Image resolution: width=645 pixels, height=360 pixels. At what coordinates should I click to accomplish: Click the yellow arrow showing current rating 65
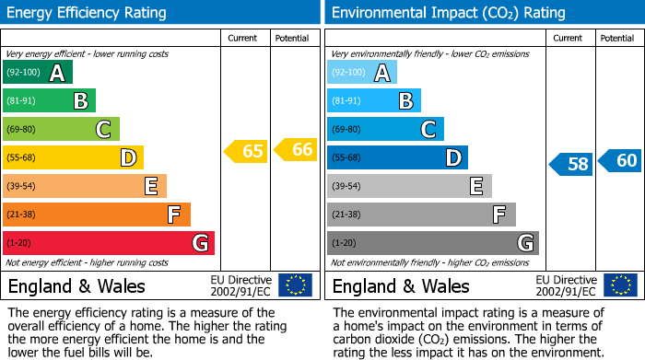pyautogui.click(x=247, y=151)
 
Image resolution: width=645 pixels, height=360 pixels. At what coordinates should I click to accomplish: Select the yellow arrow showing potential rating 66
pyautogui.click(x=296, y=148)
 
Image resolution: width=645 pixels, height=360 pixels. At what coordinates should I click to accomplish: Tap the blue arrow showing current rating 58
pyautogui.click(x=571, y=165)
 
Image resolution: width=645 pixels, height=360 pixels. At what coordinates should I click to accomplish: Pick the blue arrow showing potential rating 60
pyautogui.click(x=620, y=161)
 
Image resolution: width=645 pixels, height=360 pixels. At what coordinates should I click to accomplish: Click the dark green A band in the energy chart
pyautogui.click(x=37, y=73)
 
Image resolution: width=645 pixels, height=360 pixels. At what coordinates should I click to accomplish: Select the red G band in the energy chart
pyautogui.click(x=108, y=243)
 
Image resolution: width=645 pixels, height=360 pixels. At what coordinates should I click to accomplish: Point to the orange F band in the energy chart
pyautogui.click(x=96, y=215)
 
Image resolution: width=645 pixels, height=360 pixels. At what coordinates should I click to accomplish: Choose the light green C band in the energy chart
pyautogui.click(x=61, y=129)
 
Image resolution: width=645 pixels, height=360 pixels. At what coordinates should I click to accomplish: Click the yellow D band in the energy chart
pyautogui.click(x=73, y=157)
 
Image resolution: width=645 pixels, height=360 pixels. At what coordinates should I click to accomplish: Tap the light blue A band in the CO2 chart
pyautogui.click(x=362, y=73)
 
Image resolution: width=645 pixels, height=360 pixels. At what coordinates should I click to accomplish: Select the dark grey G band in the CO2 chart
pyautogui.click(x=432, y=243)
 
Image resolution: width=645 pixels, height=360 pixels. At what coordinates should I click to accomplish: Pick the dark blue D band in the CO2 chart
pyautogui.click(x=397, y=157)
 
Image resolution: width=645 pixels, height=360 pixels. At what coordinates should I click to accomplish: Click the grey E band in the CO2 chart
pyautogui.click(x=409, y=186)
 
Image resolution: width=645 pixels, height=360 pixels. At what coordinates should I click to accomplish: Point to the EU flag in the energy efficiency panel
pyautogui.click(x=296, y=285)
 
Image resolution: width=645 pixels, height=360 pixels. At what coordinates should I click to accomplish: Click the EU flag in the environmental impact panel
pyautogui.click(x=620, y=285)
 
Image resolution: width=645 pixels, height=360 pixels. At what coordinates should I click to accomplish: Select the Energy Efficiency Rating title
pyautogui.click(x=88, y=13)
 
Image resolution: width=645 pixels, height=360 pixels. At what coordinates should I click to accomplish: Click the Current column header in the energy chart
pyautogui.click(x=244, y=38)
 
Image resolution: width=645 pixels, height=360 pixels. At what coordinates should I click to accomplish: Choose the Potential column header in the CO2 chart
pyautogui.click(x=617, y=38)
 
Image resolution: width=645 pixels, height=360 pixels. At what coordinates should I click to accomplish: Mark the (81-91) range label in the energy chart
pyautogui.click(x=23, y=100)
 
